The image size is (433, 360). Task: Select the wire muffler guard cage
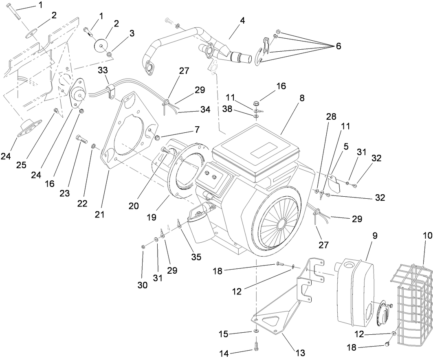point(411,301)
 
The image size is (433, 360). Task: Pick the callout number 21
point(100,213)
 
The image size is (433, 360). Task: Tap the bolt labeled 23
point(82,141)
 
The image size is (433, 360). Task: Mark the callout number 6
point(338,46)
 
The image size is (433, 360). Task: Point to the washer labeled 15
point(255,332)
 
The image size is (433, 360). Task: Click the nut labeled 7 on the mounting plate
point(157,135)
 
